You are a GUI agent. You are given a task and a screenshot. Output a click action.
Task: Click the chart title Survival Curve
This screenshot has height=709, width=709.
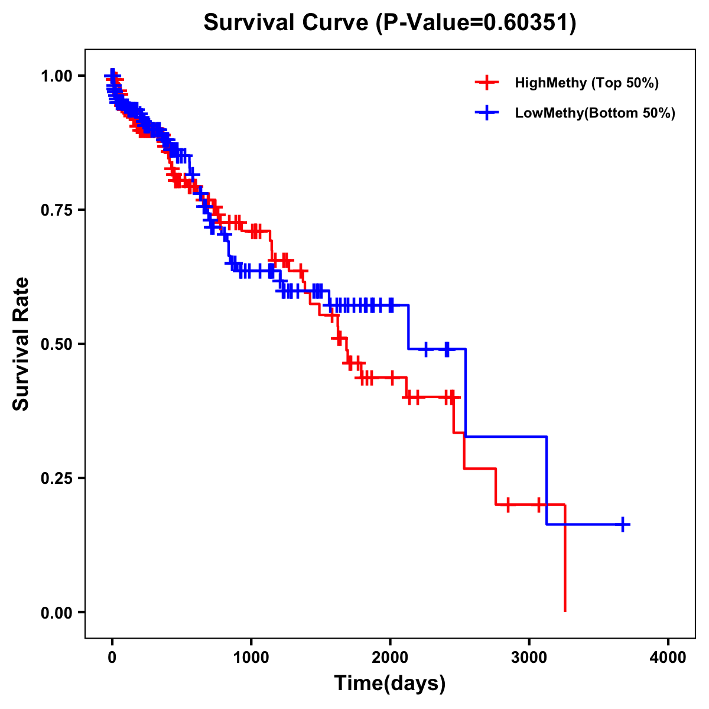click(288, 22)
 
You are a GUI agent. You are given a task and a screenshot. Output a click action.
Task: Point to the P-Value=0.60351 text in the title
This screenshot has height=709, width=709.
click(476, 22)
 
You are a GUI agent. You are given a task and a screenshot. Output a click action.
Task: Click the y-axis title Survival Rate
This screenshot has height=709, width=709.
click(21, 344)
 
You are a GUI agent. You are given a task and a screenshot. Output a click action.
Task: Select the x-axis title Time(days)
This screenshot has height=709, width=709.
click(390, 684)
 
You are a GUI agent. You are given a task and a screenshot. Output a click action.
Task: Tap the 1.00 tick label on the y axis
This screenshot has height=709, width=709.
click(57, 76)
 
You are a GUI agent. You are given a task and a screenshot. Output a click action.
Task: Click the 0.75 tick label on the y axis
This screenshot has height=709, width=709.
click(57, 210)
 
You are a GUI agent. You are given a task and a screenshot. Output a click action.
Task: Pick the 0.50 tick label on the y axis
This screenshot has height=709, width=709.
click(57, 344)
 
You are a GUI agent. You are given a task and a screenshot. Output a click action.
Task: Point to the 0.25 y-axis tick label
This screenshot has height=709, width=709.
click(57, 479)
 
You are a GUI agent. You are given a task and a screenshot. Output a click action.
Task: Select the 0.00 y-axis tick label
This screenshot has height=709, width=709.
click(57, 613)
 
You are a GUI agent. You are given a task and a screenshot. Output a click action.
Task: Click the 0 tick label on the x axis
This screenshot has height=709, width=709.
click(112, 658)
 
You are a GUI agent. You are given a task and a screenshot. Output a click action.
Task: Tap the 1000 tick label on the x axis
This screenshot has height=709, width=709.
click(251, 658)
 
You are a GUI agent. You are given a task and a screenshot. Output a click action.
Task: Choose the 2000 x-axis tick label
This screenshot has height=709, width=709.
click(390, 658)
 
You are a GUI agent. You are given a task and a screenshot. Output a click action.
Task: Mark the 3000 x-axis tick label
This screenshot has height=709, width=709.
click(529, 658)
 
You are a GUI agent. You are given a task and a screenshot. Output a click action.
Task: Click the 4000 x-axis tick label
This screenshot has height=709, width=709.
click(668, 658)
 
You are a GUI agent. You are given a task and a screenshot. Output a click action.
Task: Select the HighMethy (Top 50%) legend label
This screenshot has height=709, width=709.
click(587, 83)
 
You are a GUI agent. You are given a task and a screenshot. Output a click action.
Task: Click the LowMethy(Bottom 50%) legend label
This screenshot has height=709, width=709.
click(595, 113)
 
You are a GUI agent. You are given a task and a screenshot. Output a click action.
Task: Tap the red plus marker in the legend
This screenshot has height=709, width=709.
click(487, 83)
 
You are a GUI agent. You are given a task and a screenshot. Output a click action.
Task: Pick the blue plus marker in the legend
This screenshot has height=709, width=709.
click(487, 113)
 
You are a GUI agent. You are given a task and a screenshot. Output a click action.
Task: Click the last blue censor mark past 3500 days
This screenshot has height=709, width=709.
click(623, 525)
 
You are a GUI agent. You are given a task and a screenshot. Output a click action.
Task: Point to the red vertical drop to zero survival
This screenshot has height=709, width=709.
click(565, 561)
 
